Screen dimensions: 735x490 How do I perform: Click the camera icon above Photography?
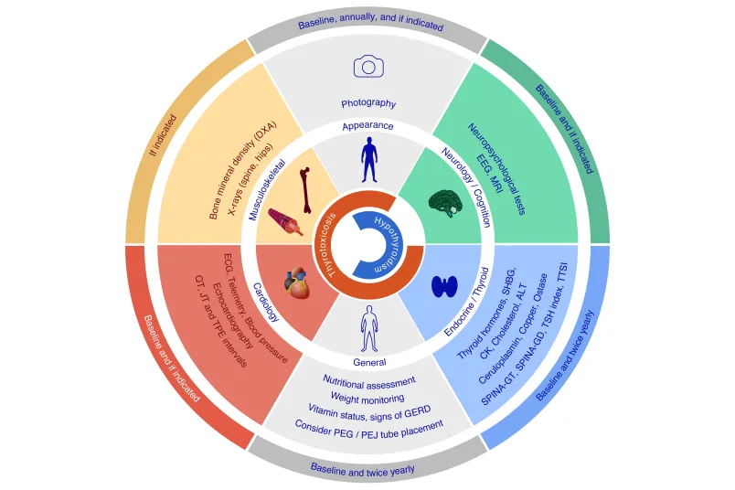[368, 66]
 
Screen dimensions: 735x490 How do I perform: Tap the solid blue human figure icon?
[369, 160]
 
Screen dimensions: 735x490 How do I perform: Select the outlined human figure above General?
[369, 328]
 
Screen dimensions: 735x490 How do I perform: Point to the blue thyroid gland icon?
[444, 286]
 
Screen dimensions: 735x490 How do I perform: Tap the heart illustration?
[297, 283]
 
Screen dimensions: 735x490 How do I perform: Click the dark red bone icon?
[305, 190]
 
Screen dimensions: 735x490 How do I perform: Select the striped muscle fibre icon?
[285, 222]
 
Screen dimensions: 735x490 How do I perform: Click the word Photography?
[368, 103]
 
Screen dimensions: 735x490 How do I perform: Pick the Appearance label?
[368, 125]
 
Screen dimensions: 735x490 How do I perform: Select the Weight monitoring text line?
[367, 399]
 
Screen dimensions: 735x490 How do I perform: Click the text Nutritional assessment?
[369, 382]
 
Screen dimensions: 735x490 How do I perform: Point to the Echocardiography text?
[233, 315]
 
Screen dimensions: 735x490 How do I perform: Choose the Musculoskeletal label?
[267, 190]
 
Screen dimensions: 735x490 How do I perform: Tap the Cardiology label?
[266, 302]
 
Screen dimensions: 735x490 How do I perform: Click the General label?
[370, 362]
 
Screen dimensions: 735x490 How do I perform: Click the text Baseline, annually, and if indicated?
[370, 22]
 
